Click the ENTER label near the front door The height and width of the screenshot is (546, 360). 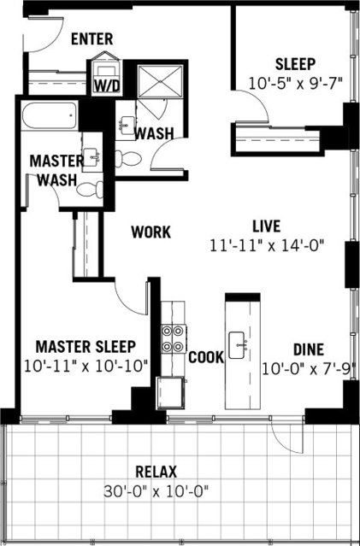(x=93, y=38)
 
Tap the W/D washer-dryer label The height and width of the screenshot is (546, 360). (x=106, y=86)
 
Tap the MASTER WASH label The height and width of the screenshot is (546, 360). (x=56, y=170)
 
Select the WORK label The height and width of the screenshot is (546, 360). (x=150, y=232)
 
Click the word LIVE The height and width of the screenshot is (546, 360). (x=267, y=226)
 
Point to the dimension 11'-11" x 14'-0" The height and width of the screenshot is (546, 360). (x=267, y=245)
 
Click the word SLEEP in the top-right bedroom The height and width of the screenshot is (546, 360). (x=295, y=64)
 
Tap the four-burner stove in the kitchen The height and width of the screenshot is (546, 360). (x=174, y=339)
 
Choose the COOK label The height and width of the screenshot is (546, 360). (x=206, y=357)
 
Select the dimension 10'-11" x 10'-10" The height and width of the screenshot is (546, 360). (x=86, y=366)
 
